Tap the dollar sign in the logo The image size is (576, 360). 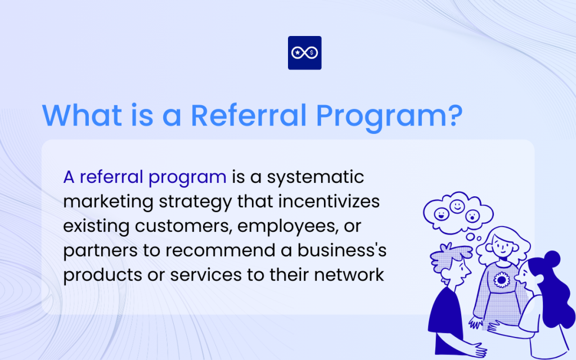(312, 53)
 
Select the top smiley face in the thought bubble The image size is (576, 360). (457, 206)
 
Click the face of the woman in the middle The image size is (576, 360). (501, 245)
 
